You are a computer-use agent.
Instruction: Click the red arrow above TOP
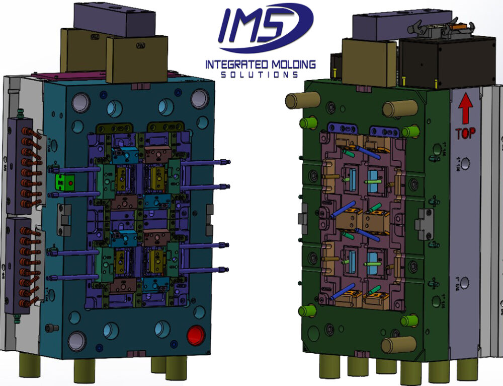pyautogui.click(x=465, y=109)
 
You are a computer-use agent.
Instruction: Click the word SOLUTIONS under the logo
pyautogui.click(x=260, y=75)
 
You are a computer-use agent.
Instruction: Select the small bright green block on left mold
pyautogui.click(x=64, y=182)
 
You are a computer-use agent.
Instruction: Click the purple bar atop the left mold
pyautogui.click(x=114, y=19)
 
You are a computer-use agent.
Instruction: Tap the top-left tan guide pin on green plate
pyautogui.click(x=296, y=100)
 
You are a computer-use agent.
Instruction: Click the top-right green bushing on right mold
pyautogui.click(x=410, y=132)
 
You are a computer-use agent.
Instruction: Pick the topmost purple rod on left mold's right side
pyautogui.click(x=204, y=163)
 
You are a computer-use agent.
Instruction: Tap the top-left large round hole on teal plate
pyautogui.click(x=80, y=103)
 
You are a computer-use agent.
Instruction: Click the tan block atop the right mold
pyautogui.click(x=370, y=60)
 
